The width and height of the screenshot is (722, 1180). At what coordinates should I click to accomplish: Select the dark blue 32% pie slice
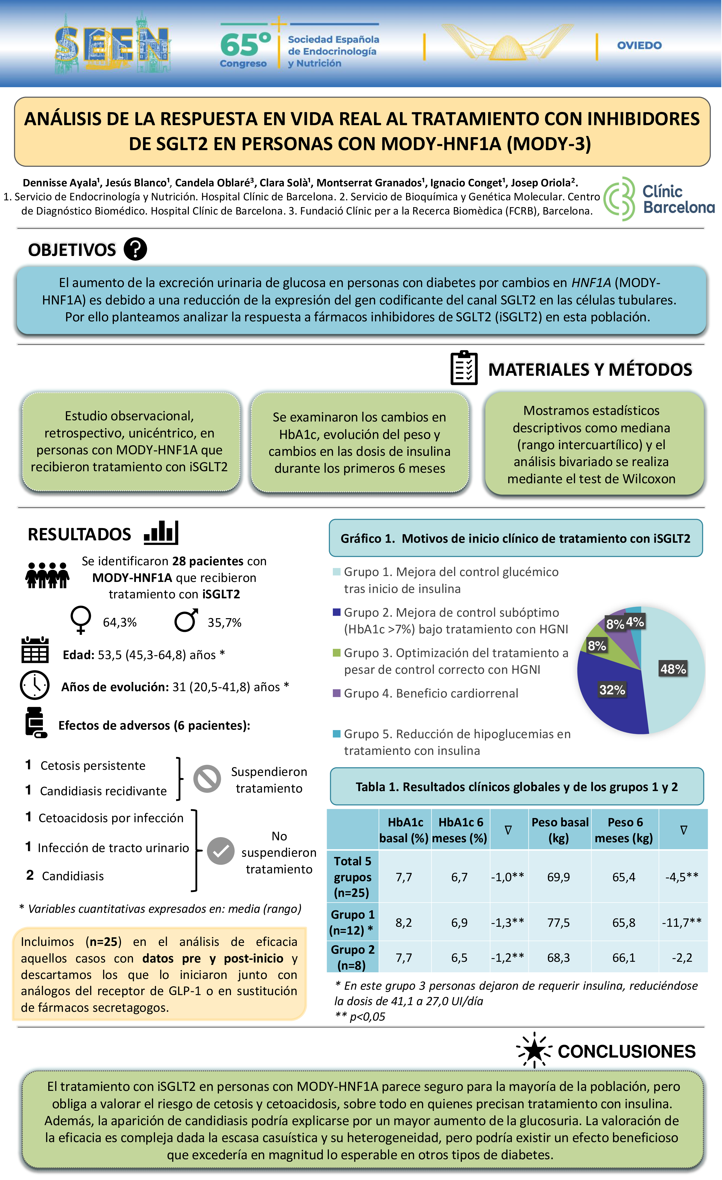coord(611,694)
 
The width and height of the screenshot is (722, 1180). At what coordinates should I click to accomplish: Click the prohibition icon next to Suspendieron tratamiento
coord(207,779)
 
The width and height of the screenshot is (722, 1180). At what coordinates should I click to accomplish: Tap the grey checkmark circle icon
coord(220,851)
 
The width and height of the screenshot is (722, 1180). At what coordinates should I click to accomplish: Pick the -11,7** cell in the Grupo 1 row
coord(682,922)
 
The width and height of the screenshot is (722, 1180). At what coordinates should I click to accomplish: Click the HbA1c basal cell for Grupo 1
coord(404,922)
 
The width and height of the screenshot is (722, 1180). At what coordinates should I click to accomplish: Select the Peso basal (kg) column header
coord(559,830)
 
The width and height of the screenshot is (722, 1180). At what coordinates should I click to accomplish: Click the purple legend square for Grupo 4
coord(337,693)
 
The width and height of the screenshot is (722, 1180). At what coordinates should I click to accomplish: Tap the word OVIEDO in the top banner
coord(639,46)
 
